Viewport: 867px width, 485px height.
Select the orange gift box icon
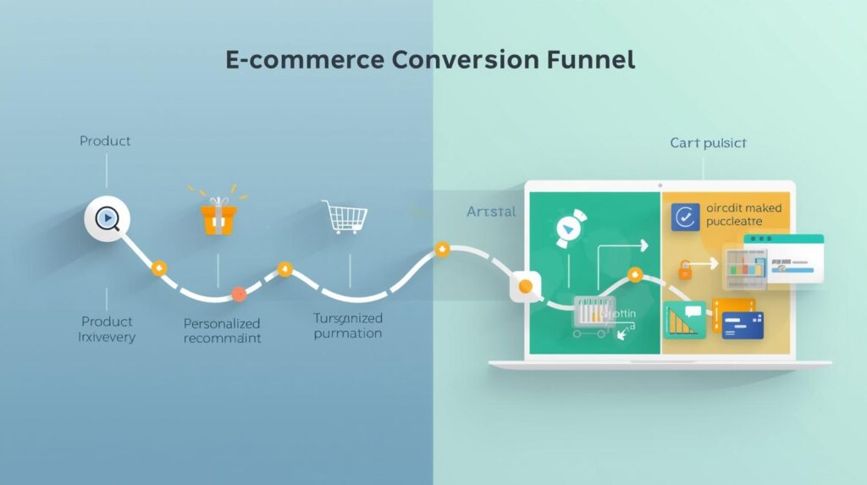pos(218,217)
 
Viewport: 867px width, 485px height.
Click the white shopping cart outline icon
pos(344,218)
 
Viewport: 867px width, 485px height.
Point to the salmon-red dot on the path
pos(239,295)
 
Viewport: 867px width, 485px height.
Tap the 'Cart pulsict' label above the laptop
pos(708,143)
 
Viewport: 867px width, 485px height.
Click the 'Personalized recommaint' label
pos(222,331)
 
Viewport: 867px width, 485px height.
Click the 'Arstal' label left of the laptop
pos(490,212)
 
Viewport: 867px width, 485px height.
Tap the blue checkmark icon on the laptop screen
pos(685,217)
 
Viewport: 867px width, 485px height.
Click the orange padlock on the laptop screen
pos(685,270)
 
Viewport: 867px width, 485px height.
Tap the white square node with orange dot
pos(525,287)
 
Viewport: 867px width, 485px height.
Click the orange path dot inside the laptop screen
pos(634,274)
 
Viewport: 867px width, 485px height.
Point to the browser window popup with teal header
pos(783,259)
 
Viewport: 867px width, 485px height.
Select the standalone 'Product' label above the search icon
pos(105,141)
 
